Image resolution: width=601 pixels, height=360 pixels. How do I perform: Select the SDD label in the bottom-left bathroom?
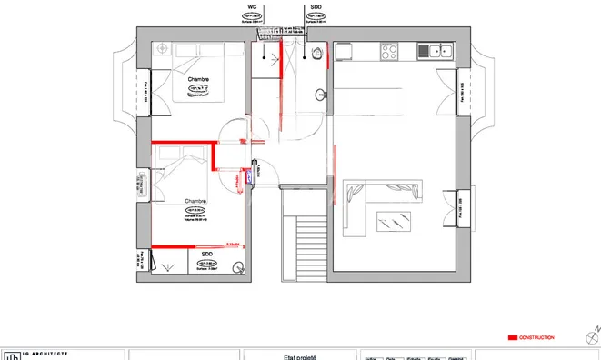point(206,255)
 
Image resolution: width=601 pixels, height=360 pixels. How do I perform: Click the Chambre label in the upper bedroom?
point(198,79)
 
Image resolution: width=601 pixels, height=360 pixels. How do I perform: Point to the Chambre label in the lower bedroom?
point(195,201)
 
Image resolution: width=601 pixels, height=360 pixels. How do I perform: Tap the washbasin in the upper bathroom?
point(321,94)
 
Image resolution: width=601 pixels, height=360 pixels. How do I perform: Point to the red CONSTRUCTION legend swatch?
point(511,337)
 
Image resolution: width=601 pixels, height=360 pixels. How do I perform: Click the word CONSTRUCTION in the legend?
point(536,337)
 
